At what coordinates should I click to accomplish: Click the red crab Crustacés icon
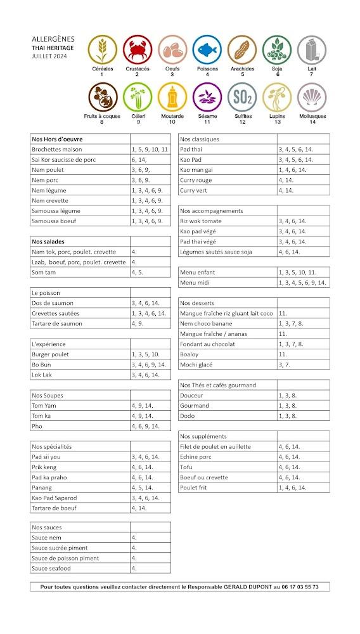pos(137,49)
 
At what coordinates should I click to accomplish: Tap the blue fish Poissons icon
pos(207,49)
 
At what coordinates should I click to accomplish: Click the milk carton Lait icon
pos(311,49)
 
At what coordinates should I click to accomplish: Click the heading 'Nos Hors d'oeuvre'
pos(57,139)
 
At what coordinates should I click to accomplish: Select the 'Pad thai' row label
pos(191,149)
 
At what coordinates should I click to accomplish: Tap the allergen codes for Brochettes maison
pos(150,149)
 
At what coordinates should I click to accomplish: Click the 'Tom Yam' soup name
pos(42,406)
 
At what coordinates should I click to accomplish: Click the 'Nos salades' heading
pos(48,242)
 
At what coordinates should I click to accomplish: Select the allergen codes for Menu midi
pos(302,283)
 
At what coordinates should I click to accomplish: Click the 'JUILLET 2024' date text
pos(48,56)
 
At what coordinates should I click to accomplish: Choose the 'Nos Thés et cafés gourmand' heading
pos(218,385)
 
